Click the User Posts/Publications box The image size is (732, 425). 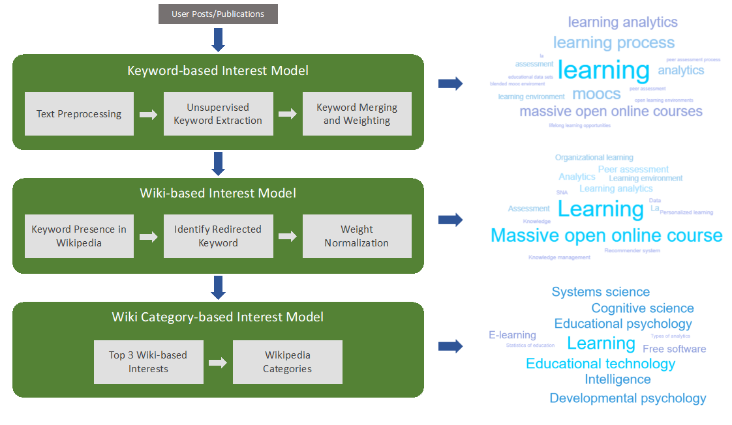(218, 14)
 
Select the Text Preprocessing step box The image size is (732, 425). (79, 114)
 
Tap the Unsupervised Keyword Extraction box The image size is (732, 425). (218, 114)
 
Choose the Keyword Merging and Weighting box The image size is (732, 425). (357, 114)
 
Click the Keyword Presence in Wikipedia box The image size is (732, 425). (79, 236)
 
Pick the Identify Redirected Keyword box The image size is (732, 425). (218, 236)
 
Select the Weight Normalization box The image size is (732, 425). (357, 236)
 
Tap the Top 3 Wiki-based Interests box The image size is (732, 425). (148, 362)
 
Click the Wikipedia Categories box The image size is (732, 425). (288, 362)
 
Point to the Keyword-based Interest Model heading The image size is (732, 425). (218, 70)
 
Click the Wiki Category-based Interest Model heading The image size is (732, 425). (218, 317)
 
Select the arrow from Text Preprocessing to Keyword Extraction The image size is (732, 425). (149, 115)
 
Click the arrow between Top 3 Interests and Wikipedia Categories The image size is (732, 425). (218, 362)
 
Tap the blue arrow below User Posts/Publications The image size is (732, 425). (219, 39)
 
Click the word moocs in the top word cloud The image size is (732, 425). (596, 94)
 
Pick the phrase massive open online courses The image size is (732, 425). (611, 111)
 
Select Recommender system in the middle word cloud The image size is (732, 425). (632, 250)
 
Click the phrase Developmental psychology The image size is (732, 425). (628, 398)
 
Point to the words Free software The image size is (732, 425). (674, 349)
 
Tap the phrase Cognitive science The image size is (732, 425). (642, 308)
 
